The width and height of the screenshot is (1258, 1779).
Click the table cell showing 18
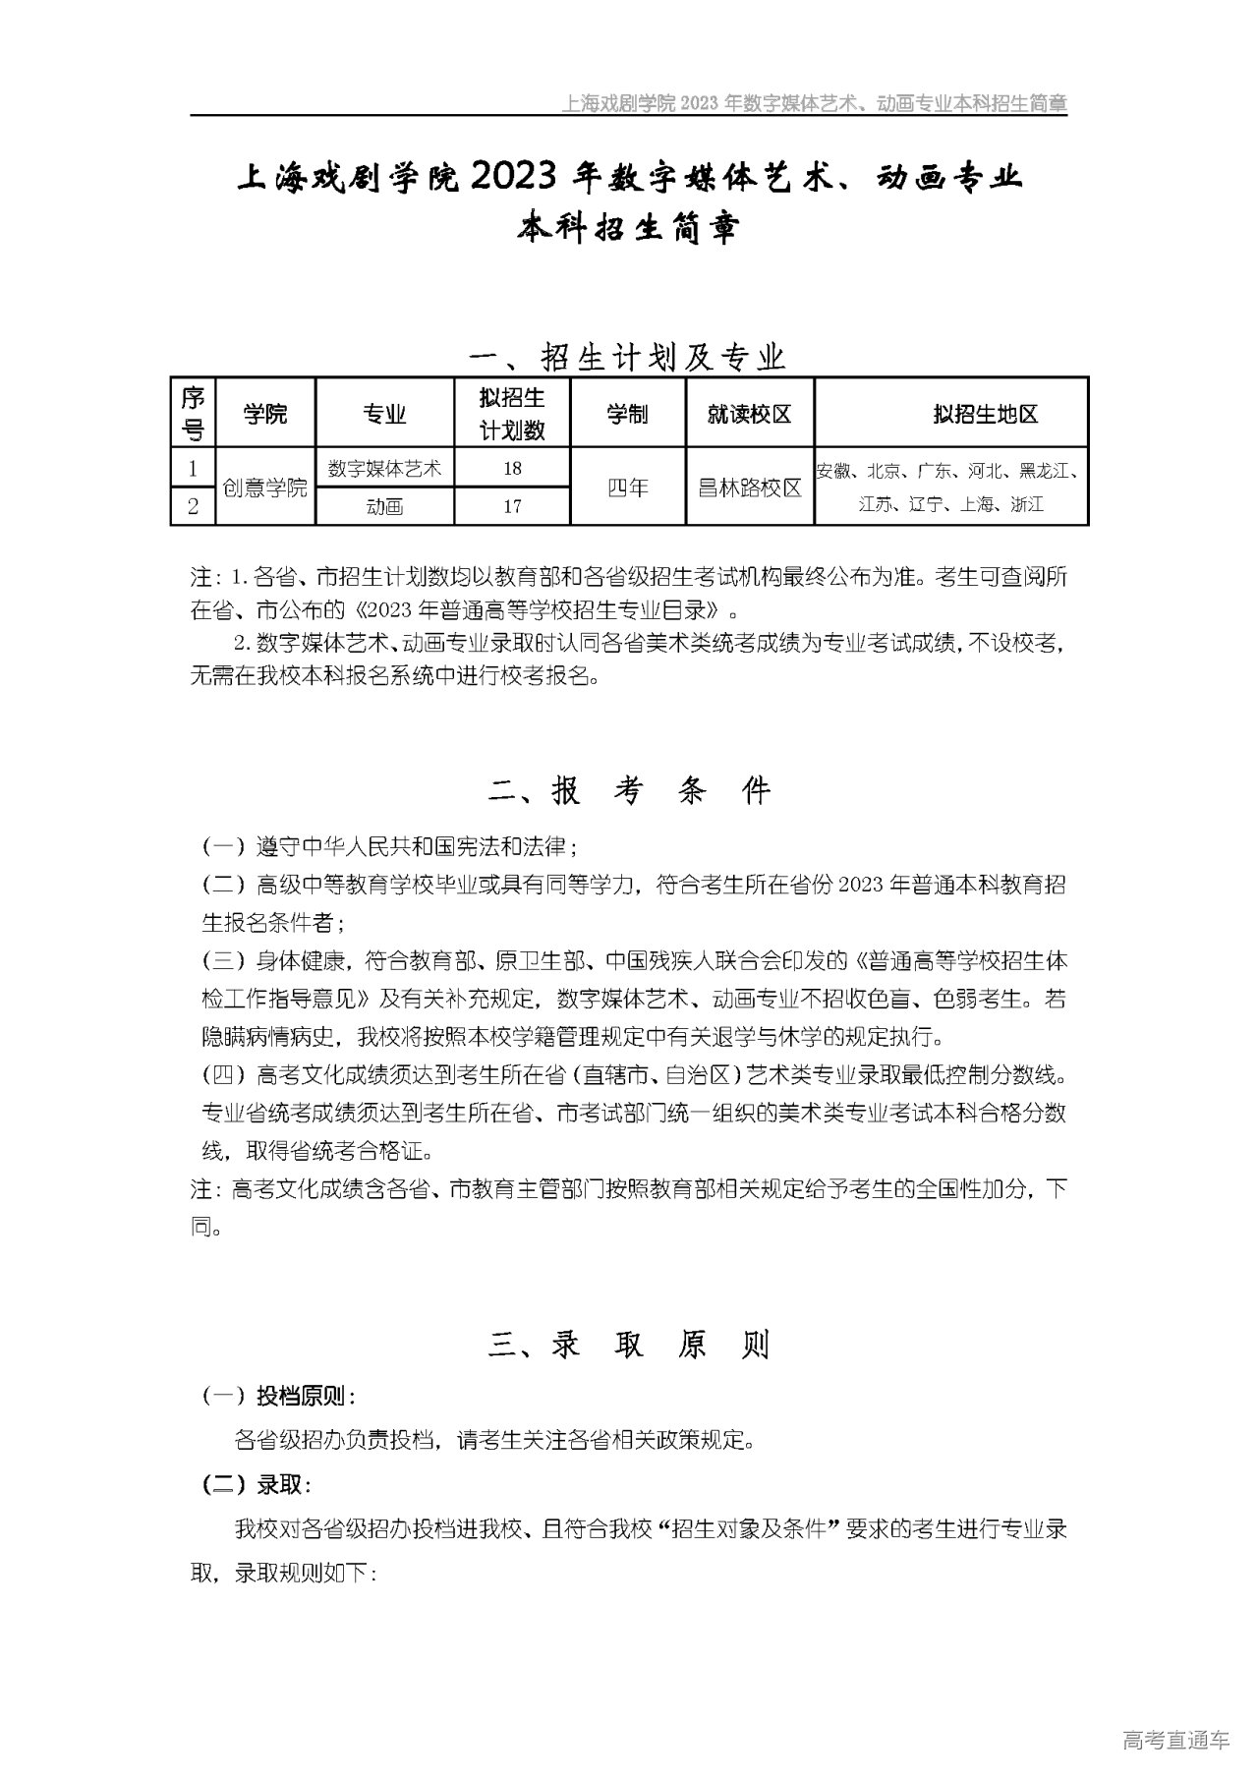pyautogui.click(x=511, y=469)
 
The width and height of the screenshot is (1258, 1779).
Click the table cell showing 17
pyautogui.click(x=511, y=506)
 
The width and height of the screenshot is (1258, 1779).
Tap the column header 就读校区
pyautogui.click(x=749, y=414)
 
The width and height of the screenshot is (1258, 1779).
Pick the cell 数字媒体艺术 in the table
pyautogui.click(x=384, y=469)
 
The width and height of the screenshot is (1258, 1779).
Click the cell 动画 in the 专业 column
pyautogui.click(x=384, y=506)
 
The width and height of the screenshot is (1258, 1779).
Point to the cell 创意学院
pyautogui.click(x=265, y=488)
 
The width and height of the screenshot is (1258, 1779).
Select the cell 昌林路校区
pyautogui.click(x=749, y=488)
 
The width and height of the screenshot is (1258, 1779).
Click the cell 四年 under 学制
pyautogui.click(x=627, y=488)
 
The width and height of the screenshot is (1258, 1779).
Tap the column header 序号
pyautogui.click(x=193, y=414)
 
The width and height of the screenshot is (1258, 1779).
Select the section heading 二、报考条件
pyautogui.click(x=629, y=791)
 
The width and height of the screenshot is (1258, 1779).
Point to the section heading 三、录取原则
pyautogui.click(x=629, y=1345)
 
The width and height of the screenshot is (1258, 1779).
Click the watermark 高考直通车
pyautogui.click(x=1175, y=1741)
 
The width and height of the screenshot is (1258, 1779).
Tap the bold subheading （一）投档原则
pyautogui.click(x=279, y=1397)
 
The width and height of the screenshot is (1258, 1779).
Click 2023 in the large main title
pyautogui.click(x=515, y=178)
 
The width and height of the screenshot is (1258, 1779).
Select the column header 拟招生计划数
pyautogui.click(x=511, y=414)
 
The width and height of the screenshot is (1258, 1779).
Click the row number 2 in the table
pyautogui.click(x=193, y=506)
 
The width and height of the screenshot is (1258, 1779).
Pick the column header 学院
pyautogui.click(x=265, y=414)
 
